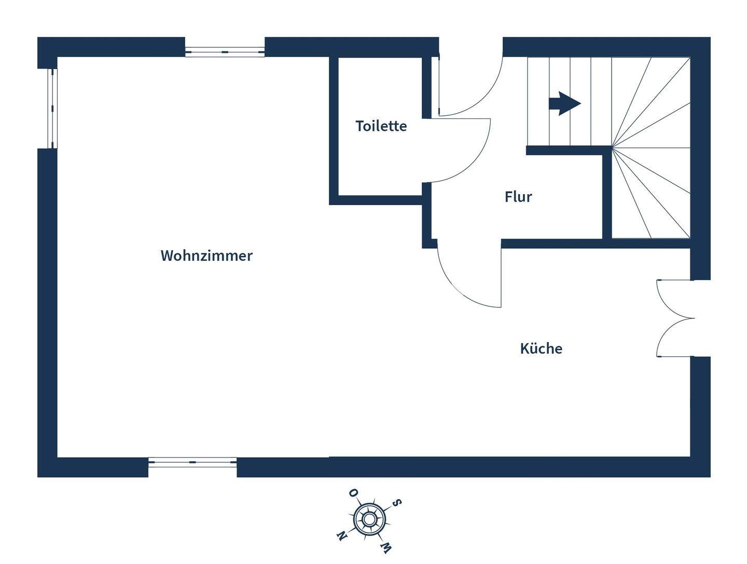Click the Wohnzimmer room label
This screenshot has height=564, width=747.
pos(206,256)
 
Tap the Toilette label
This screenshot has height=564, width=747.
pos(381,126)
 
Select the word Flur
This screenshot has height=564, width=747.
pos(518,197)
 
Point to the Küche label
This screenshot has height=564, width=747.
pos(541,348)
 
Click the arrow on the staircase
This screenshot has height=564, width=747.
pos(564,103)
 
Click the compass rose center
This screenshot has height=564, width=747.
pos(369,519)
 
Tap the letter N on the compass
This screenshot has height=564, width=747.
pos(341,535)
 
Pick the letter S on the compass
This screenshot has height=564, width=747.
pos(397,503)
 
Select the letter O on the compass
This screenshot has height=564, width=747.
pos(353,492)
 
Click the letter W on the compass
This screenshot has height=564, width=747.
pos(385,547)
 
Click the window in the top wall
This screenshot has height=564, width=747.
pos(225,52)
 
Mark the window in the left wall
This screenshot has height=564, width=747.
pos(52,108)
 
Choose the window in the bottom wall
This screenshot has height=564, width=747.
pos(192,462)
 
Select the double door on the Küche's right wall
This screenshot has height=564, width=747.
pos(674,318)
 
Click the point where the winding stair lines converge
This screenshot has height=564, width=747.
pos(612,148)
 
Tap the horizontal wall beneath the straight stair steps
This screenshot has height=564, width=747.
pos(565,151)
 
